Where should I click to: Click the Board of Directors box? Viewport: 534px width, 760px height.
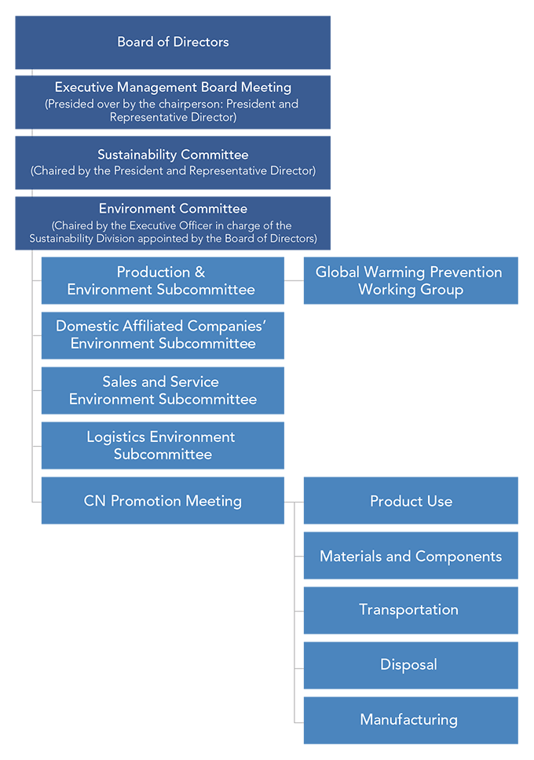(x=173, y=42)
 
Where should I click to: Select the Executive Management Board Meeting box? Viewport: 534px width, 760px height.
(x=173, y=102)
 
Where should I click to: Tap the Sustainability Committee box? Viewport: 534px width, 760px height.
(x=173, y=163)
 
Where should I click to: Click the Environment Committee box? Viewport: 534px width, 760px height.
(x=173, y=223)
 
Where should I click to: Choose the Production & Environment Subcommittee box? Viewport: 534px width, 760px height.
(x=163, y=280)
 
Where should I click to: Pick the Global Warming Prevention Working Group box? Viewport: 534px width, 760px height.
(x=411, y=280)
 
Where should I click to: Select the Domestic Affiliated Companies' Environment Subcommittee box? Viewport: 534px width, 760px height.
(x=163, y=335)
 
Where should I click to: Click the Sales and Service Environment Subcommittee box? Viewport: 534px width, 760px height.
(x=163, y=390)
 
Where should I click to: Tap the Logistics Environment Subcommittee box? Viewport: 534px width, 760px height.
(x=163, y=445)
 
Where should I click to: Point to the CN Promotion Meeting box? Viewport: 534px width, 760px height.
(x=163, y=500)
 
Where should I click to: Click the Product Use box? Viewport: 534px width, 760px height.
(x=411, y=500)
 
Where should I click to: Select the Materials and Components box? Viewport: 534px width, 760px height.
(x=411, y=555)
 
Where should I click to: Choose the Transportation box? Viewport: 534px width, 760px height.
(x=411, y=610)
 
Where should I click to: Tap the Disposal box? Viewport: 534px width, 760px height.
(x=411, y=665)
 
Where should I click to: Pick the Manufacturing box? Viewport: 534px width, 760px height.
(x=411, y=720)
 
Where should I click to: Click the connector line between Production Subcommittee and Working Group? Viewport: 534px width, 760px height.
(x=294, y=280)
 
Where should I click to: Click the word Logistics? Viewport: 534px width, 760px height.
(x=116, y=437)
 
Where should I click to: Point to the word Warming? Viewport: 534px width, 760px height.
(x=393, y=272)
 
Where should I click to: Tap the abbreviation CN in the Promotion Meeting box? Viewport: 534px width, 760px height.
(x=95, y=501)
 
